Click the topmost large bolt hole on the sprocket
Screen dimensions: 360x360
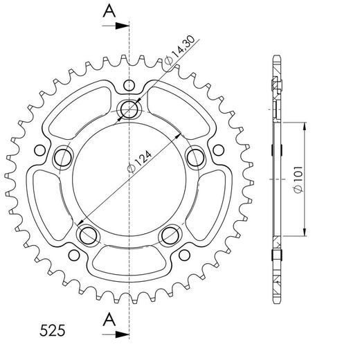click(129, 109)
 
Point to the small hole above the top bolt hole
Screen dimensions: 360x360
click(129, 85)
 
